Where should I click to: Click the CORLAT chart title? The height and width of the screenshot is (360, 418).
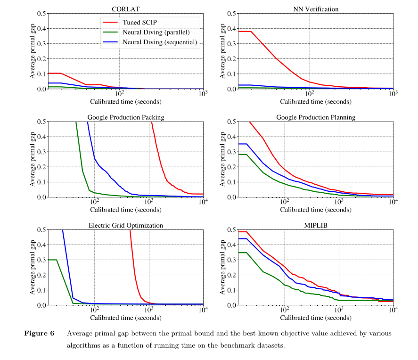coord(125,9)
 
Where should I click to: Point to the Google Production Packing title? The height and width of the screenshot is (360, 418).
coord(125,117)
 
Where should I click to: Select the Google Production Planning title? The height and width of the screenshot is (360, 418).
coord(315,117)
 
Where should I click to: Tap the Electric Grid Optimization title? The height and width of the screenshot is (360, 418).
coord(125,226)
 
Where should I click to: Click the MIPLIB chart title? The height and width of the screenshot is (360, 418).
coord(315,226)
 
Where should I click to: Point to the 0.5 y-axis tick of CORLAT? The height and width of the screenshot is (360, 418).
coord(41,14)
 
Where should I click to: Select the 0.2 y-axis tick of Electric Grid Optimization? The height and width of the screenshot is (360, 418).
coord(41,275)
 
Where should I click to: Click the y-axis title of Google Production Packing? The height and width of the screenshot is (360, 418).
coord(33,159)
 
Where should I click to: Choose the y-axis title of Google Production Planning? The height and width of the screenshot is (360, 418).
coord(222,159)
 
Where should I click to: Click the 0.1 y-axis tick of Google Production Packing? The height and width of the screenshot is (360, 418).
coord(41,182)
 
